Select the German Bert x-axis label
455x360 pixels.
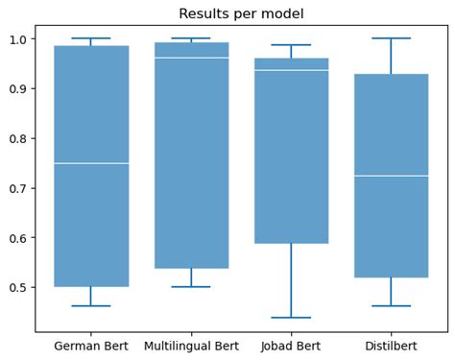point(91,344)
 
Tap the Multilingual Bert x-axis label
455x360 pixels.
point(191,344)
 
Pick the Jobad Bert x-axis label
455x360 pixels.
point(291,344)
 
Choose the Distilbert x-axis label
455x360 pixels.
point(391,344)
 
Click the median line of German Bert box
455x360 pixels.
point(91,163)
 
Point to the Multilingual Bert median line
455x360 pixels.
point(191,58)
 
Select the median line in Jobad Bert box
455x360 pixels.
point(291,70)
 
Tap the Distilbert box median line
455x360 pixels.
point(391,176)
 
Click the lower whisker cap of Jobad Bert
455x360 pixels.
point(291,317)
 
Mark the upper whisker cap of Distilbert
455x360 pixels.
point(391,38)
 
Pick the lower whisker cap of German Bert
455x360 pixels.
point(91,305)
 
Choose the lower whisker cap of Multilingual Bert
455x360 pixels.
point(191,286)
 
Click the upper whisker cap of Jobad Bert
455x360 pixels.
point(291,45)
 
